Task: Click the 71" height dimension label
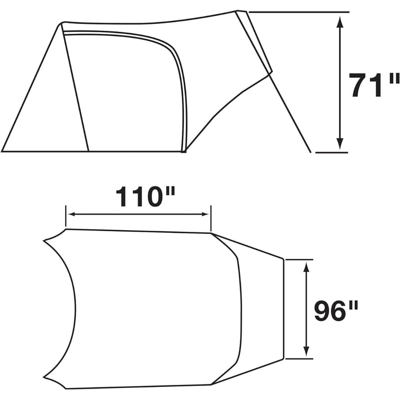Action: click(374, 85)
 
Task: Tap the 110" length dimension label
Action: click(146, 197)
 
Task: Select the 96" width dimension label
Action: click(336, 311)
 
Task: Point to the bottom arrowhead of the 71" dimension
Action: click(340, 144)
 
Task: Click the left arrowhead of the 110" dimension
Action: click(72, 214)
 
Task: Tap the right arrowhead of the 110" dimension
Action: click(205, 214)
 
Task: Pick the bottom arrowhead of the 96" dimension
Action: click(307, 351)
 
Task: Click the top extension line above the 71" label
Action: click(299, 12)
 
